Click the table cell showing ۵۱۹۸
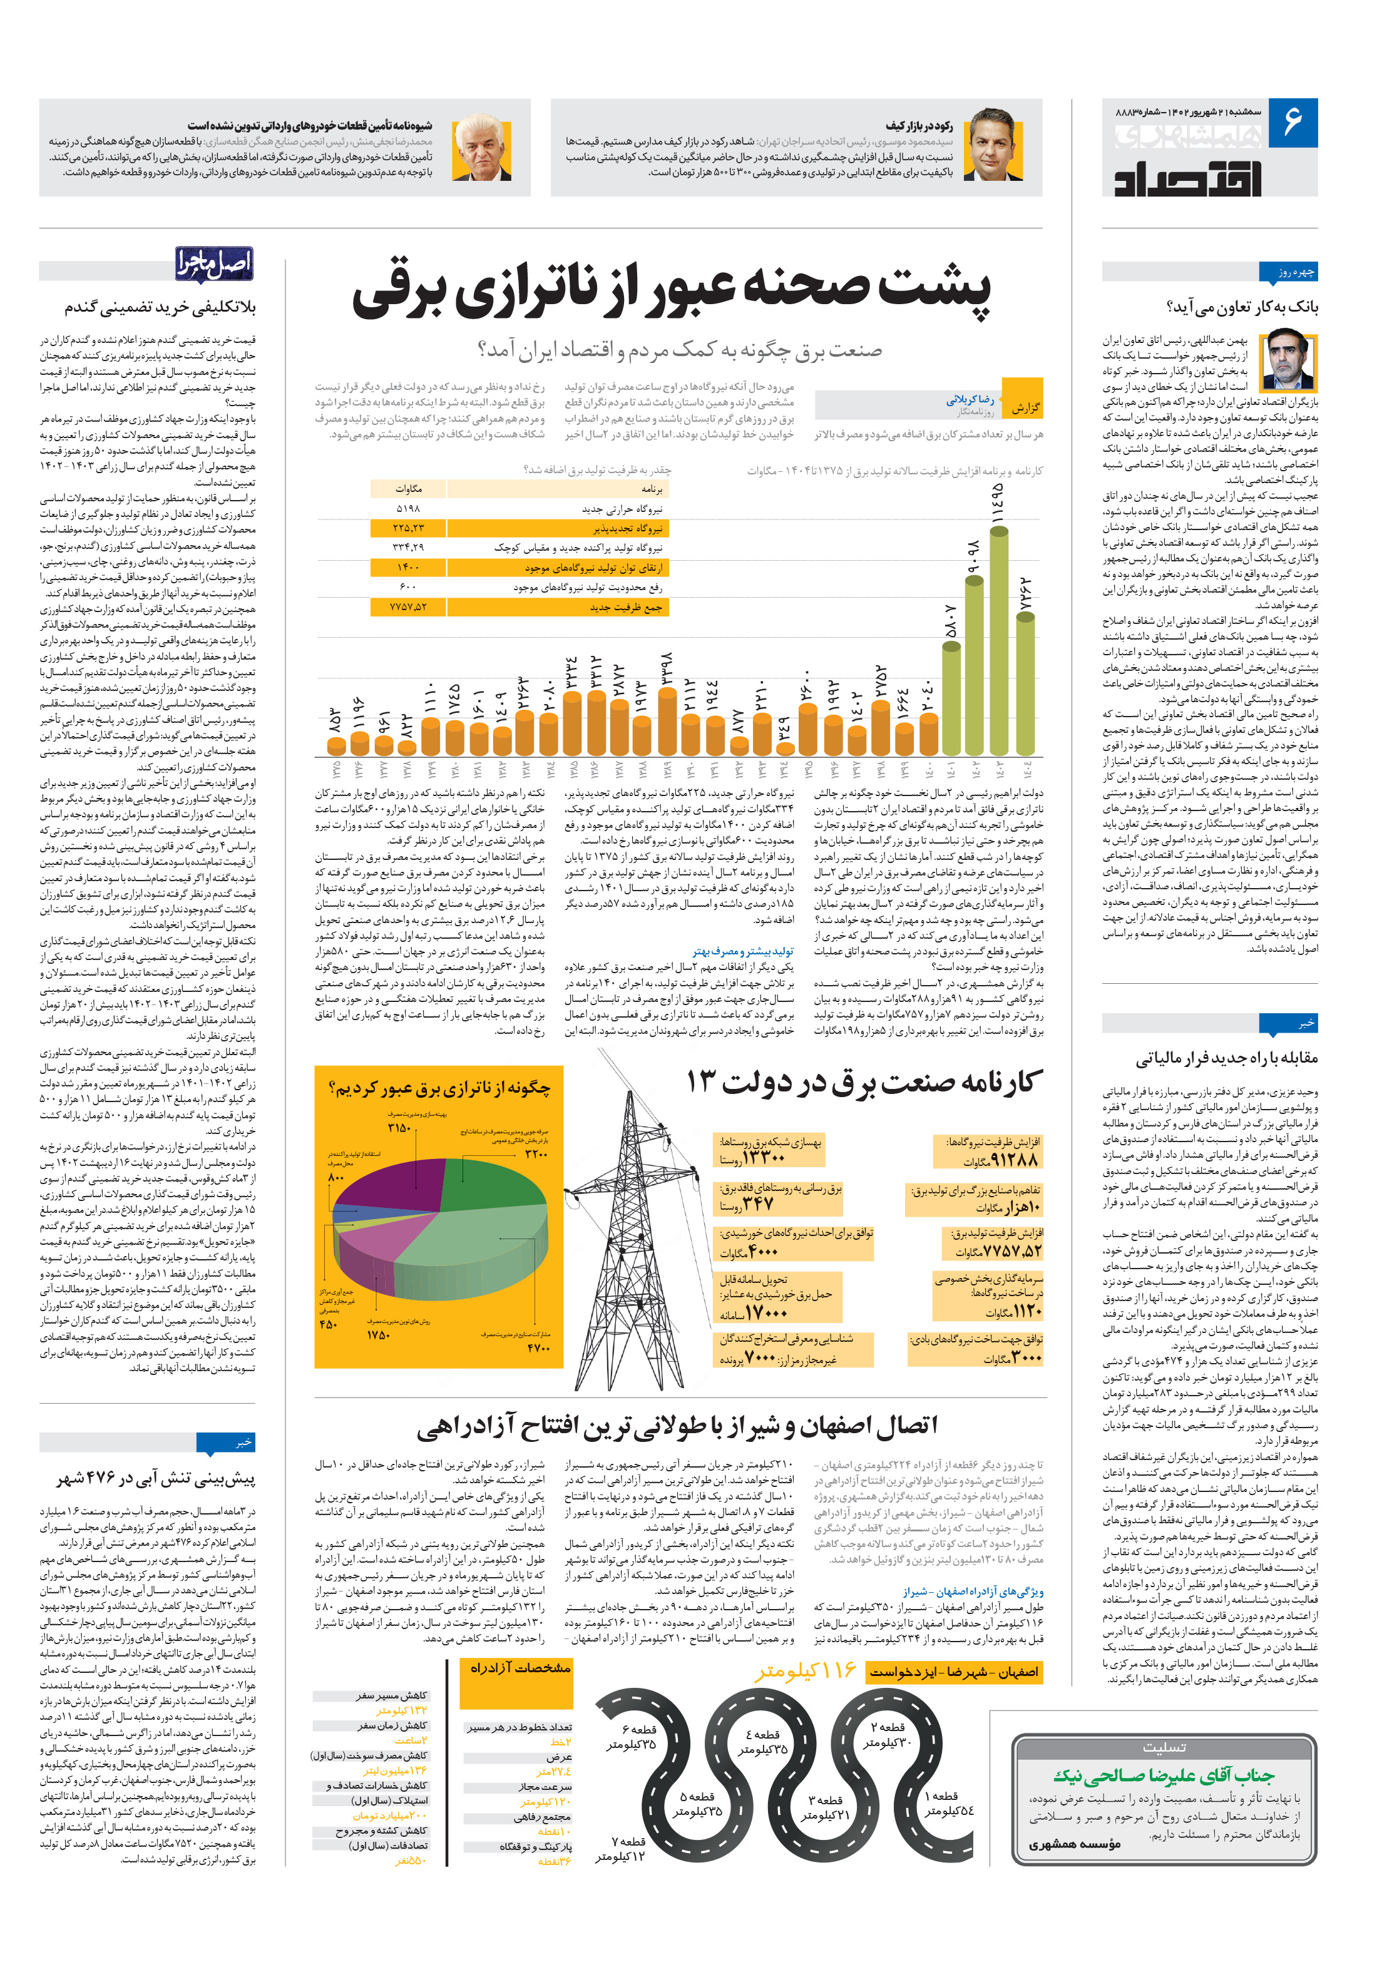[x=409, y=508]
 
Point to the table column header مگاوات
[x=409, y=488]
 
